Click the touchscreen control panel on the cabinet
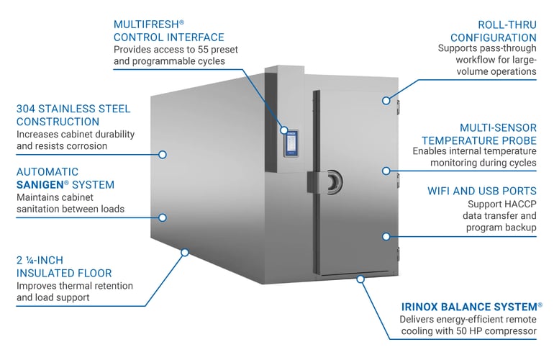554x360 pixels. [291, 143]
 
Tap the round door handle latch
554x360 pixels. [335, 182]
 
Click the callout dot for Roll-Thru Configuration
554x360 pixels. [386, 101]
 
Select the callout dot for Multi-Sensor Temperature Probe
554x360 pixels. [386, 171]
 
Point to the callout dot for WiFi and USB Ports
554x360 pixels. [386, 236]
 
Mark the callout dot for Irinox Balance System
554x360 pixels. [360, 279]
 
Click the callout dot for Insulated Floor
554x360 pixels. [185, 252]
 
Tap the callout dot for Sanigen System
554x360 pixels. [163, 217]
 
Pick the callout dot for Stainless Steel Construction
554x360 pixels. [163, 155]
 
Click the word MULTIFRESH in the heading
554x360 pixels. [146, 24]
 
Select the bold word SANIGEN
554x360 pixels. [40, 184]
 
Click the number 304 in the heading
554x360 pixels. [25, 109]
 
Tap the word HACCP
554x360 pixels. [520, 204]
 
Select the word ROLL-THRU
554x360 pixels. [507, 24]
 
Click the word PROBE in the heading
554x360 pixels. [518, 140]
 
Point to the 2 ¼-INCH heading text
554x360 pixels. [40, 260]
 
